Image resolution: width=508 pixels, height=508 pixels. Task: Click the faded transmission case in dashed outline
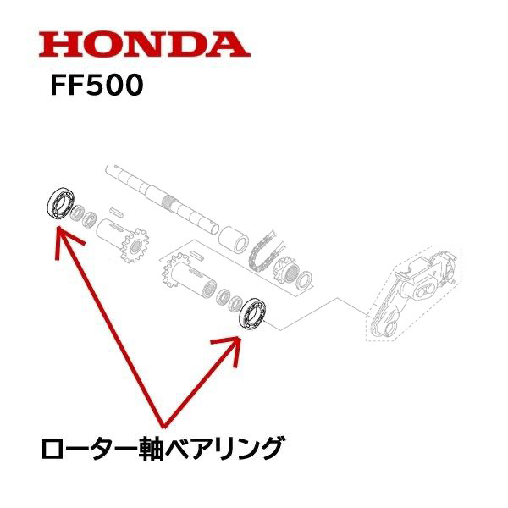coord(411,288)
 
